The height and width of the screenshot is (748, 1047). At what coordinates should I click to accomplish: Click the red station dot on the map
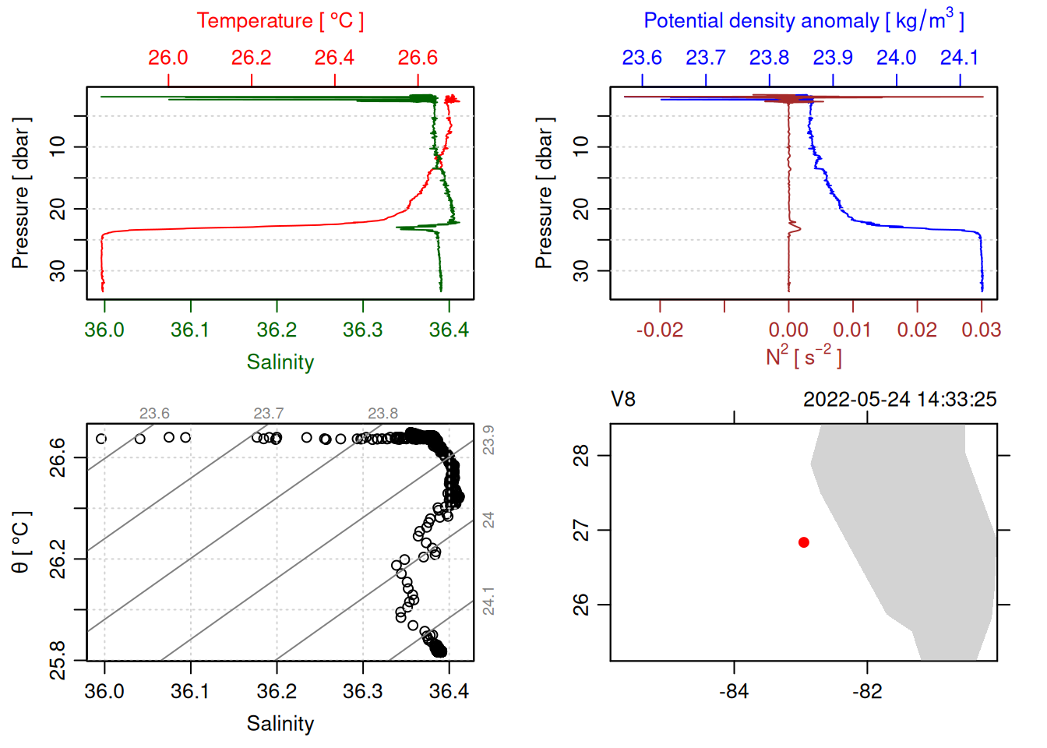(x=804, y=542)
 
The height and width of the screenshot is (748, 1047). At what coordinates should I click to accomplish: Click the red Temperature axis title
(x=280, y=21)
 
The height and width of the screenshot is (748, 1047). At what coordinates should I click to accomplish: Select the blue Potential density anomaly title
(x=803, y=21)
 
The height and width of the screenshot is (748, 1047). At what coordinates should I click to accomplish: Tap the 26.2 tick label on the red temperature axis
(x=252, y=58)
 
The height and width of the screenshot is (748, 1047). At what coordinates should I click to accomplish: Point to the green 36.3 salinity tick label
(x=363, y=330)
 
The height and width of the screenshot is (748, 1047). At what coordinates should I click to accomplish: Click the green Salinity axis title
(x=280, y=362)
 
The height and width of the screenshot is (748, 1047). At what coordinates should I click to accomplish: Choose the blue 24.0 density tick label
(x=896, y=58)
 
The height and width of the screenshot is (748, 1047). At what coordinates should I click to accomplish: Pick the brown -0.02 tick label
(x=659, y=330)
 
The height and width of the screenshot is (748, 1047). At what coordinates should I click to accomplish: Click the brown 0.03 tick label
(x=981, y=330)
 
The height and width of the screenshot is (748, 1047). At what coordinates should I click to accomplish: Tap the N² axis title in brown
(x=803, y=357)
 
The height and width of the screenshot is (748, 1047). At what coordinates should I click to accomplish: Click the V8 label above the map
(x=623, y=400)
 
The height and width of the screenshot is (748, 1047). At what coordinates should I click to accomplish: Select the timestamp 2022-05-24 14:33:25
(x=900, y=400)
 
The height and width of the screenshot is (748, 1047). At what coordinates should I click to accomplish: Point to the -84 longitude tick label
(x=734, y=692)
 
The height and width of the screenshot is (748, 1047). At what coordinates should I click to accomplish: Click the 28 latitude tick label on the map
(x=582, y=455)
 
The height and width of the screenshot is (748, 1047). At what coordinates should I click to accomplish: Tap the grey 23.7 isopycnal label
(x=269, y=414)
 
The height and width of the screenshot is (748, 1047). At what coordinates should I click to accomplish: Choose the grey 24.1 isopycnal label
(x=488, y=602)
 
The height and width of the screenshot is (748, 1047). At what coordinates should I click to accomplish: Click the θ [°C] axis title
(x=21, y=542)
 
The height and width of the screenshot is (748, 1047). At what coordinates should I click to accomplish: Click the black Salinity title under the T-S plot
(x=280, y=724)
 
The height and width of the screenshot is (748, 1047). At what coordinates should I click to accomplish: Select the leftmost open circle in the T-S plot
(x=101, y=439)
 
